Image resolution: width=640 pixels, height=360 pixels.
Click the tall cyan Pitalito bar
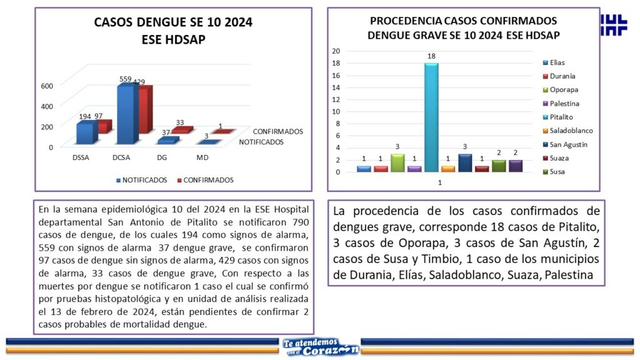[431, 117]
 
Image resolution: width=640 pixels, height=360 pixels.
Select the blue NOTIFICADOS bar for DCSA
[126, 115]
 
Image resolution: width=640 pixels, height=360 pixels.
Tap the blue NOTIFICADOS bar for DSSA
[84, 132]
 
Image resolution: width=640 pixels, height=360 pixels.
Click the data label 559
[126, 79]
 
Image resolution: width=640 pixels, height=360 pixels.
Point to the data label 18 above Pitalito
[431, 57]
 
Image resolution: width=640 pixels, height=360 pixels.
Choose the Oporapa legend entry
[562, 90]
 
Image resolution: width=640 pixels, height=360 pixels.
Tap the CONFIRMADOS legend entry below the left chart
[207, 180]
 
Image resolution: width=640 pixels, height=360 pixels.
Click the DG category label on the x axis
[161, 157]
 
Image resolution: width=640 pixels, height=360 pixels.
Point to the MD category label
[202, 157]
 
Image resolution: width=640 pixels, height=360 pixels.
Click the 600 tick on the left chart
[47, 86]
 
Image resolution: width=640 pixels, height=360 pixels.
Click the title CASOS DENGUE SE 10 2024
[173, 23]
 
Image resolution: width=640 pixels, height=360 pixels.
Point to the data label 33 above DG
[180, 122]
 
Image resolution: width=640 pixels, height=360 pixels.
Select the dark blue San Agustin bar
[464, 162]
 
